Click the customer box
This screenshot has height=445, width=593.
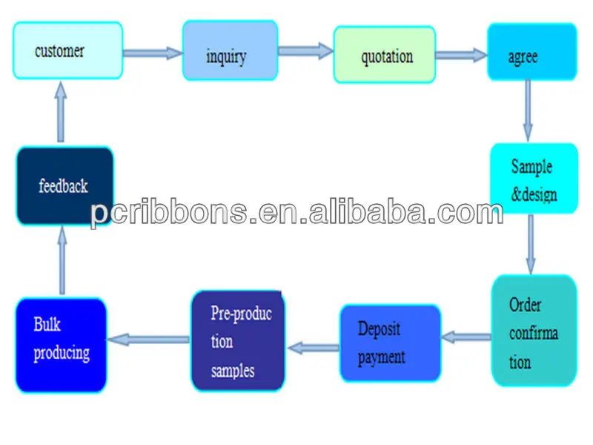[67, 50]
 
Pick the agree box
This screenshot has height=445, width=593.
[531, 53]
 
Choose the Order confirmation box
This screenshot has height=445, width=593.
[534, 330]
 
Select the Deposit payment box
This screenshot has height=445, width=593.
[390, 343]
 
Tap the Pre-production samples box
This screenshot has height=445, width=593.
[238, 340]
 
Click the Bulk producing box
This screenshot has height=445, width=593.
[61, 345]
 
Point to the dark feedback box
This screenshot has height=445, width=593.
[65, 185]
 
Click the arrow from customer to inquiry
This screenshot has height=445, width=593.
[152, 53]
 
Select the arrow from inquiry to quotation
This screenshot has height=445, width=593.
[305, 51]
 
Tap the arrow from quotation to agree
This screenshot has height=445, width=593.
[460, 55]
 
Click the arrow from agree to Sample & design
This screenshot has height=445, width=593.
[528, 110]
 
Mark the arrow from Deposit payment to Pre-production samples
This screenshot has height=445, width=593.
[313, 346]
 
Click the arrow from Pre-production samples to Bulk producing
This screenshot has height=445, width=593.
[148, 339]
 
